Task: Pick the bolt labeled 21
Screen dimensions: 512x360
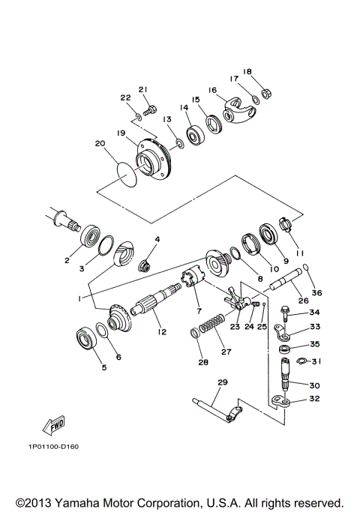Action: (x=149, y=110)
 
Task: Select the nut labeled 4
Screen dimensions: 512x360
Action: (x=147, y=265)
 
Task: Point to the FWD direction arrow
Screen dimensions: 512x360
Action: (x=53, y=427)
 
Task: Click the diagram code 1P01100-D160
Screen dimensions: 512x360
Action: (x=58, y=448)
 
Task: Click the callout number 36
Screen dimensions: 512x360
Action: (x=316, y=292)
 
